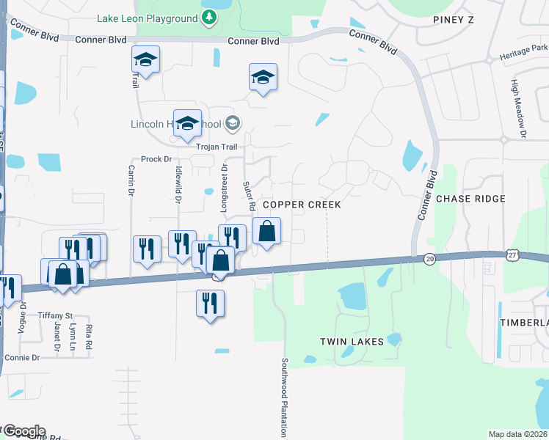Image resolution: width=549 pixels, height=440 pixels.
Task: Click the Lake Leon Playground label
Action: [x=146, y=17]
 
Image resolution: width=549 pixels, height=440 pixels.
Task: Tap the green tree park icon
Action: [x=209, y=17]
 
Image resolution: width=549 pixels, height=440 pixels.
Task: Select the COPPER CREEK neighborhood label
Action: [x=302, y=205]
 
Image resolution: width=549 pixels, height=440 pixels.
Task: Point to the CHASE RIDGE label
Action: [x=470, y=199]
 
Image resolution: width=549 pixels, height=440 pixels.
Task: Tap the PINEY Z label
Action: [x=453, y=19]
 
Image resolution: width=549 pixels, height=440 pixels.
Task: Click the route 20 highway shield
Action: [x=429, y=258]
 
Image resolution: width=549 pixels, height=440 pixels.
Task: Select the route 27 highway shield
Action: [x=512, y=253]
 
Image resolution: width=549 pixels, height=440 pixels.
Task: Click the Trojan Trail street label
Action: [x=217, y=147]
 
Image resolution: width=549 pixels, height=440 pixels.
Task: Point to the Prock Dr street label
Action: [x=156, y=159]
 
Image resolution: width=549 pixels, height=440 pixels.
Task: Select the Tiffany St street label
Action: [x=57, y=315]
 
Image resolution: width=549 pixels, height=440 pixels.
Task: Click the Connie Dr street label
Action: [x=21, y=357]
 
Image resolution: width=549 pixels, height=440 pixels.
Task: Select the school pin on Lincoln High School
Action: [x=187, y=122]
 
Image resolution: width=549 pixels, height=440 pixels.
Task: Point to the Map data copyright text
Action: [x=517, y=434]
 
